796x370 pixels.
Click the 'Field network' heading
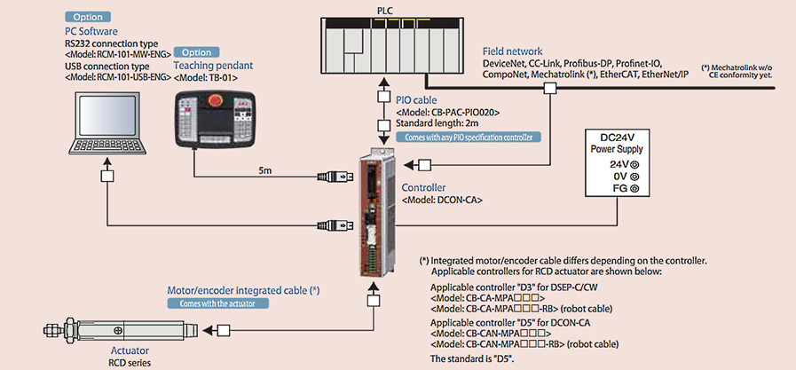point(512,51)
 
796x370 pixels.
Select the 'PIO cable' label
point(422,100)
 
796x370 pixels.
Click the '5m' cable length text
point(265,168)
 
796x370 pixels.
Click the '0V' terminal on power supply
point(626,176)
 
